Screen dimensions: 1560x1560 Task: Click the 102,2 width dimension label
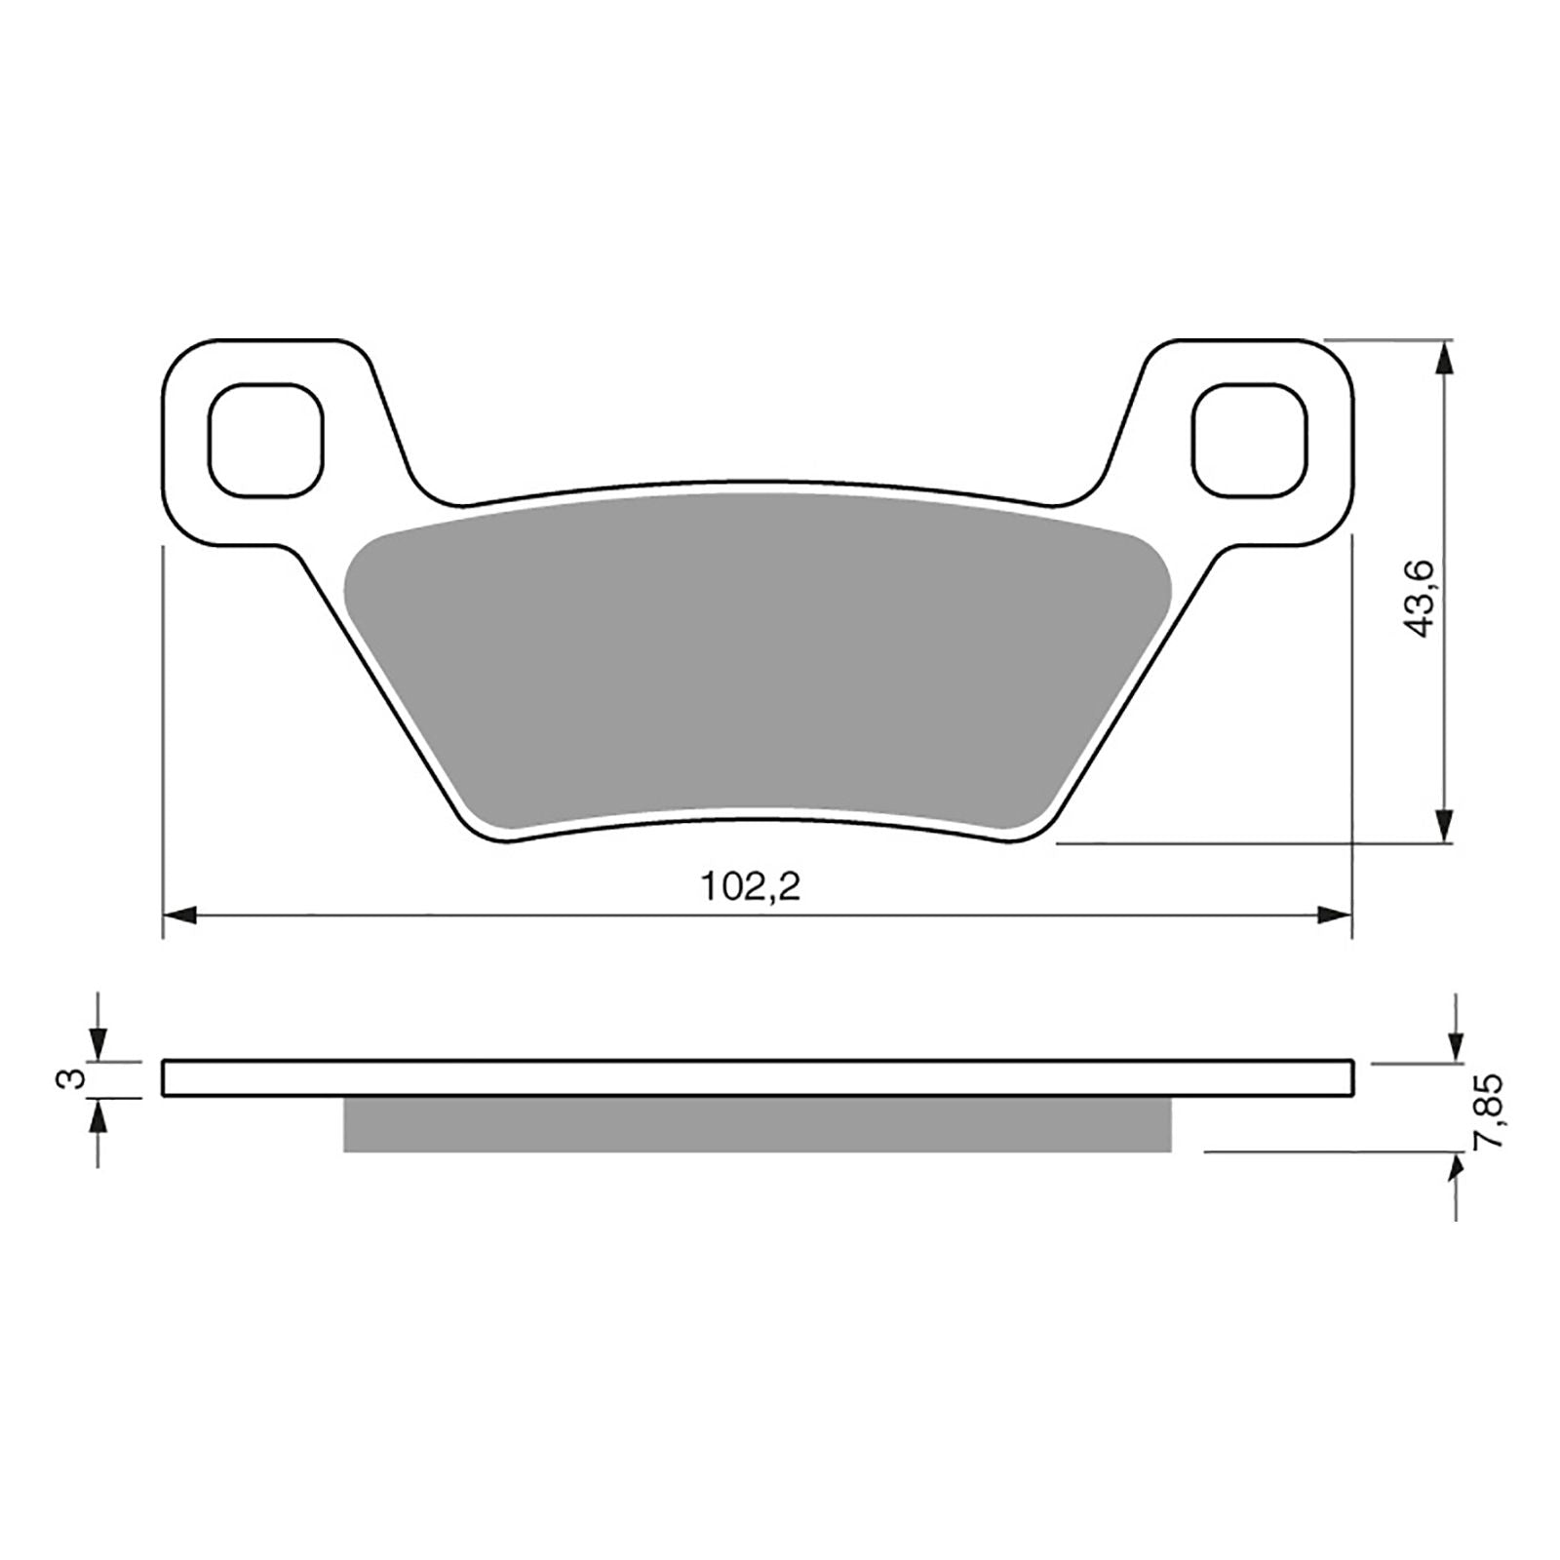[750, 887]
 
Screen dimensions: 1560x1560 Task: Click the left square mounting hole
[265, 438]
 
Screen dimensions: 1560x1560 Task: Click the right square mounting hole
[1250, 438]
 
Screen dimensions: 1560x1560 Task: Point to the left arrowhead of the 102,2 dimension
[180, 915]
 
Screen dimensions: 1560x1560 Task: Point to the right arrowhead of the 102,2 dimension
[1335, 915]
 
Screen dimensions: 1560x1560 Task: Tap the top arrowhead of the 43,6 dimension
[1445, 358]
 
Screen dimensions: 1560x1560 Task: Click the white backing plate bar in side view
[756, 1078]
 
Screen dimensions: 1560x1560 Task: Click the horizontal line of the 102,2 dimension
[585, 915]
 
